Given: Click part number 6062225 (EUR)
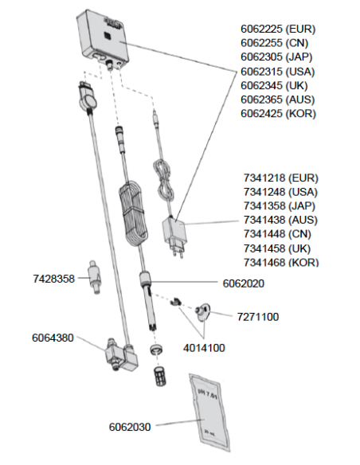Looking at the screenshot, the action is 278,29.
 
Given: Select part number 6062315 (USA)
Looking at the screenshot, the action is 277,72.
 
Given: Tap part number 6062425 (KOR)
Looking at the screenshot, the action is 278,114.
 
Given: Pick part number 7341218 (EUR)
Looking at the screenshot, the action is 281,178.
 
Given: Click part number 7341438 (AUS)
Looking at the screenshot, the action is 280,220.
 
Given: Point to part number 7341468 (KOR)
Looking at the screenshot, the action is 281,262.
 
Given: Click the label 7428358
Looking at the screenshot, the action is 53,279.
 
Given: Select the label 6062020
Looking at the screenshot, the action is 244,283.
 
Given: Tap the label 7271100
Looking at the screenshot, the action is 258,317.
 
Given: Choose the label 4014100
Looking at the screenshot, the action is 204,348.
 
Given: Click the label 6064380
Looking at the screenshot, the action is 53,338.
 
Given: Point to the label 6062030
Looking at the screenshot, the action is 130,427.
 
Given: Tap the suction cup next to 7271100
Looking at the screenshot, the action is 203,312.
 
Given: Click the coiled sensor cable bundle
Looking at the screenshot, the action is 133,214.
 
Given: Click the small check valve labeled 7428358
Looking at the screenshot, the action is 93,277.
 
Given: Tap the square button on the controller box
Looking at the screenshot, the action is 107,36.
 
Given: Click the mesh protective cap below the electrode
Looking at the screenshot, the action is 159,377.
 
